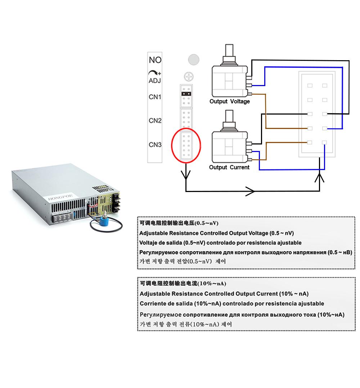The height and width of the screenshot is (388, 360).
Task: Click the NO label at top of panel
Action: pyautogui.click(x=155, y=60)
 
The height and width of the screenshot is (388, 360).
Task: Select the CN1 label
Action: pyautogui.click(x=155, y=97)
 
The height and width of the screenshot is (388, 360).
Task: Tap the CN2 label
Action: pyautogui.click(x=155, y=120)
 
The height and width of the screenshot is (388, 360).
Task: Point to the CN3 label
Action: pyautogui.click(x=155, y=145)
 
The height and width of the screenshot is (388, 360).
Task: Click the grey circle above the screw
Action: pyautogui.click(x=194, y=59)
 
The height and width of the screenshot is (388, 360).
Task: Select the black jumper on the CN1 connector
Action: pyautogui.click(x=186, y=94)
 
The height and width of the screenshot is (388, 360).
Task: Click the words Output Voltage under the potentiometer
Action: pyautogui.click(x=229, y=101)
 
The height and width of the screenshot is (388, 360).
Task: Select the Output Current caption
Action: pyautogui.click(x=229, y=167)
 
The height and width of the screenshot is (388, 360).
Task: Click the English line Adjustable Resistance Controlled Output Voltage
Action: pyautogui.click(x=216, y=233)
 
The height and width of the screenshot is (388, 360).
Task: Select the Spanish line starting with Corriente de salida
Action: pyautogui.click(x=232, y=303)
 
